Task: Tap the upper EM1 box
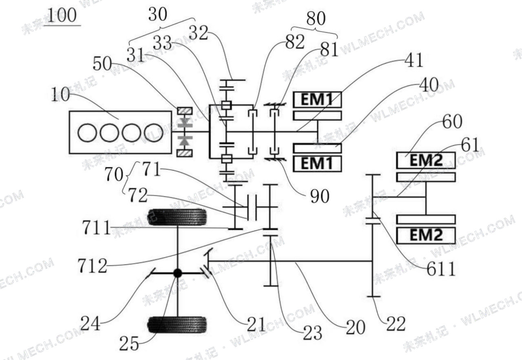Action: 317,99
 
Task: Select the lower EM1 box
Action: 317,163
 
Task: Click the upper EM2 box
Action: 426,160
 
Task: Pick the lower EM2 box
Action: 426,236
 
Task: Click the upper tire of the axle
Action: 177,217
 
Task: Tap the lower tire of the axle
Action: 177,325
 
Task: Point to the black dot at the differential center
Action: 177,273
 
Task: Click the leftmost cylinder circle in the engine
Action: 87,133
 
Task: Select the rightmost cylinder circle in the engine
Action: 154,133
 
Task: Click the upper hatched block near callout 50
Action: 185,110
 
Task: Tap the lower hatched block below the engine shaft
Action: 185,153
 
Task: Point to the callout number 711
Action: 96,228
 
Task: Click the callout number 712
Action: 93,266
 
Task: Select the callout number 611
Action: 441,269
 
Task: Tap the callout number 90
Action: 319,196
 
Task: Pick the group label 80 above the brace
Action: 316,18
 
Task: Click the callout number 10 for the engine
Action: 60,95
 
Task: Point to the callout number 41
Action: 414,60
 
